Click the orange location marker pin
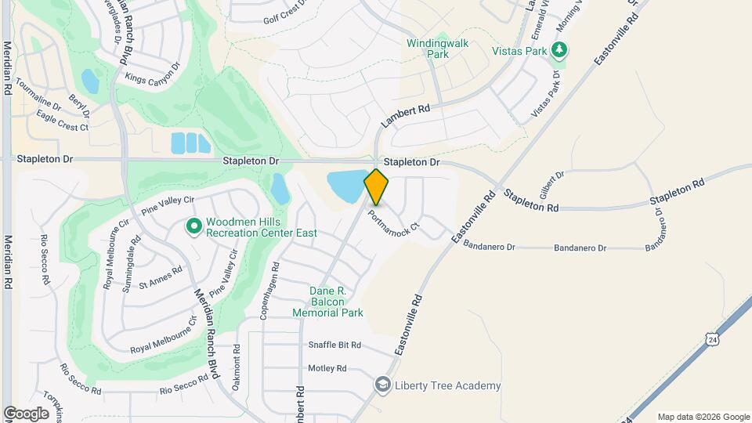point(376,187)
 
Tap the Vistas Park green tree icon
point(559,51)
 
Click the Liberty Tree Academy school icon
point(382,385)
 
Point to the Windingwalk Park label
point(437,49)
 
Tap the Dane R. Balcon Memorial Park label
point(328,302)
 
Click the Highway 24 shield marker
point(711,338)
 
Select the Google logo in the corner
point(26,413)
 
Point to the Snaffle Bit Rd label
point(334,345)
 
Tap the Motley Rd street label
point(327,368)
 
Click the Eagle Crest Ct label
point(63,121)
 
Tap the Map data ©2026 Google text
point(703,417)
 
